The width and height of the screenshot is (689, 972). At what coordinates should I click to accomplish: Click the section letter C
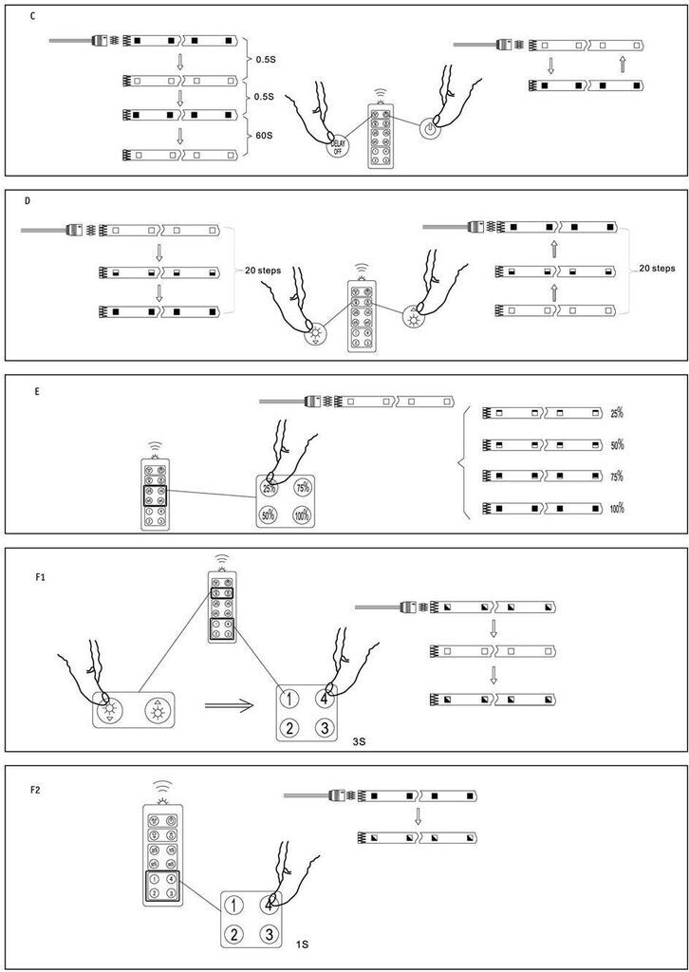33,18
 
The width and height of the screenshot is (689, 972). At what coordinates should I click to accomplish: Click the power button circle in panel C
430,129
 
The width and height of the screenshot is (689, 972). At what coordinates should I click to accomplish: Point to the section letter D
28,202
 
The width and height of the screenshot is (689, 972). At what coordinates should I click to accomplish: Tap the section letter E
36,389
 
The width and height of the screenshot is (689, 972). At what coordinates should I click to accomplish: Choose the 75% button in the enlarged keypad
304,488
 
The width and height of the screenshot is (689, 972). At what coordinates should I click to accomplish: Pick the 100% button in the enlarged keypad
304,516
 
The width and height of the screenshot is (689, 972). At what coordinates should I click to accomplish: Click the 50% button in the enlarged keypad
269,516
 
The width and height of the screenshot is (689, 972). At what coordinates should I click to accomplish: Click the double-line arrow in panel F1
229,705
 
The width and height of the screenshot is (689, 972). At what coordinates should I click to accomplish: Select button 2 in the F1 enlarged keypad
291,729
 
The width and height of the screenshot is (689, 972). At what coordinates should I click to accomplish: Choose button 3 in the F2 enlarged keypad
270,935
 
